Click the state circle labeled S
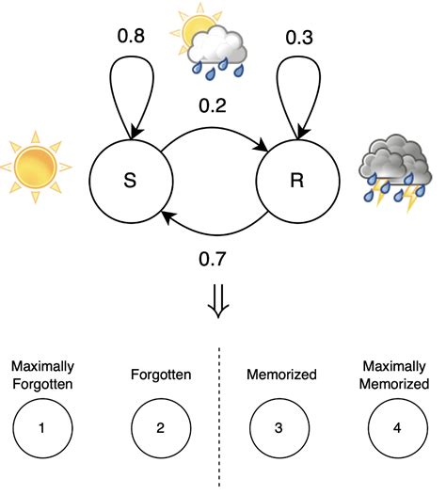[x=131, y=182]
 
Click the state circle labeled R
[x=296, y=182]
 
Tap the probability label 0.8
[x=131, y=39]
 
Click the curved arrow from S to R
[x=214, y=134]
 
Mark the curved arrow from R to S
[x=214, y=232]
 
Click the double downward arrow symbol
[x=217, y=303]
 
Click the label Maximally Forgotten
[x=42, y=374]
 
